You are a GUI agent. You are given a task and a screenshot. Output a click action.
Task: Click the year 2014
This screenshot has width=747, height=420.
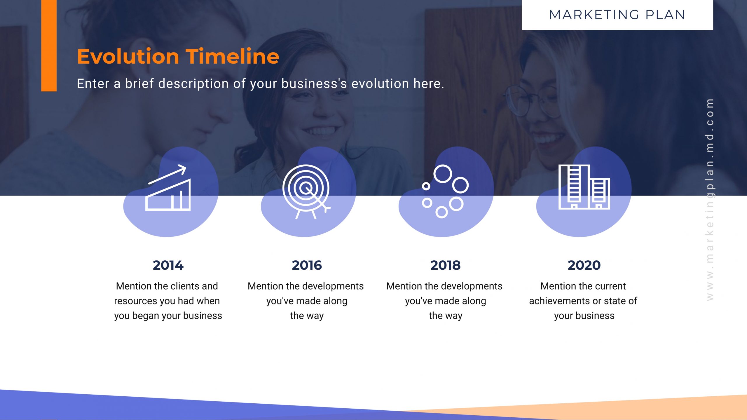pyautogui.click(x=168, y=265)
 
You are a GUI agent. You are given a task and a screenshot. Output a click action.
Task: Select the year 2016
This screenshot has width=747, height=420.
pyautogui.click(x=307, y=265)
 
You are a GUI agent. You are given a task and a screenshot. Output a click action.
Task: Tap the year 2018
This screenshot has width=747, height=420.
pyautogui.click(x=445, y=265)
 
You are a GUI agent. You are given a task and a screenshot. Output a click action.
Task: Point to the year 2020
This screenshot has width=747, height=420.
pyautogui.click(x=584, y=265)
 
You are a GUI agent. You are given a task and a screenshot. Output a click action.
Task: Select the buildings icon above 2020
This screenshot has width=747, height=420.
pyautogui.click(x=584, y=187)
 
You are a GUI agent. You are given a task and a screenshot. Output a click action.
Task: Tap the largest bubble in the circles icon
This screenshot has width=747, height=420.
pyautogui.click(x=443, y=174)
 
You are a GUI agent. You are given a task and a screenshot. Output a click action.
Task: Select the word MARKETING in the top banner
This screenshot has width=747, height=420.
pyautogui.click(x=594, y=15)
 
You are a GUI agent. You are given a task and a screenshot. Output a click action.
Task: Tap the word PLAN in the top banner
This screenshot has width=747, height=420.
pyautogui.click(x=665, y=15)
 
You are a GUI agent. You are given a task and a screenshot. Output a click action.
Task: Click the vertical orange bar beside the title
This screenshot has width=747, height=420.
pyautogui.click(x=49, y=46)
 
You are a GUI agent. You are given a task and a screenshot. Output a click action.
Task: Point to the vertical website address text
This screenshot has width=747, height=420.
pyautogui.click(x=710, y=200)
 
